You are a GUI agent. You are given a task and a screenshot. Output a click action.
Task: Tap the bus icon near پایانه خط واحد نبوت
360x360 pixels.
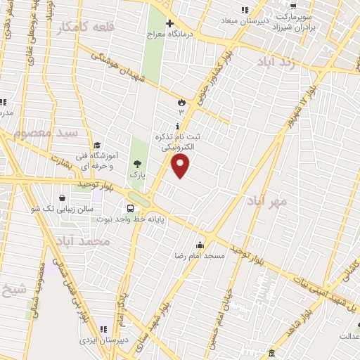pos(131,208)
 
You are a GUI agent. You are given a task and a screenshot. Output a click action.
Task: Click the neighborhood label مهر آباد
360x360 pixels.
pos(267,202)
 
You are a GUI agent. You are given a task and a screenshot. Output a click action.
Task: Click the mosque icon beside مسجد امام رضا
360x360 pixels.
pos(200,245)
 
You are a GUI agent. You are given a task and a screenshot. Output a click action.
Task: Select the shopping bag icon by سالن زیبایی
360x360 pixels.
pos(64,198)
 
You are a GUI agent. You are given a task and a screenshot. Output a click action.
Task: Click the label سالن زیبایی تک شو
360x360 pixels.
pos(71,209)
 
